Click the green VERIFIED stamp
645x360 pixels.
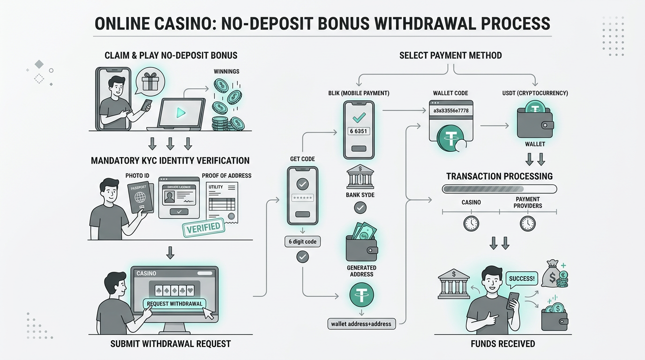coord(203,227)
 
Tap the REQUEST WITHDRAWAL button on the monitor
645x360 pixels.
coord(174,303)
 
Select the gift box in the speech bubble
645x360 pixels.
coord(150,82)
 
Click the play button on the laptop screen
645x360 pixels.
coord(180,112)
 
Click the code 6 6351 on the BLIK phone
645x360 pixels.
coord(358,131)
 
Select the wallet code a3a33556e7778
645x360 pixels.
coord(450,111)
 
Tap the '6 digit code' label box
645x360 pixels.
coord(302,241)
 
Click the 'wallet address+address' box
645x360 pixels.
coord(361,323)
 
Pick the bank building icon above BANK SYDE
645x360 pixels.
coord(360,177)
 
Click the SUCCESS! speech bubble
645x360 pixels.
coord(521,278)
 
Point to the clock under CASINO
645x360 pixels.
coord(471,223)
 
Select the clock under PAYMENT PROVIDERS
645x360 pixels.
coord(527,223)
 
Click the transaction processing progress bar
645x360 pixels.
coord(499,189)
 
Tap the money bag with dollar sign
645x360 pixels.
coord(551,275)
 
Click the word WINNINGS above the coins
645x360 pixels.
coord(226,71)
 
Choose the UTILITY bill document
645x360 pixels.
coord(222,202)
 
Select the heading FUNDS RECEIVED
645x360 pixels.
coord(502,344)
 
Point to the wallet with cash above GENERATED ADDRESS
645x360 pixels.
coord(362,243)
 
